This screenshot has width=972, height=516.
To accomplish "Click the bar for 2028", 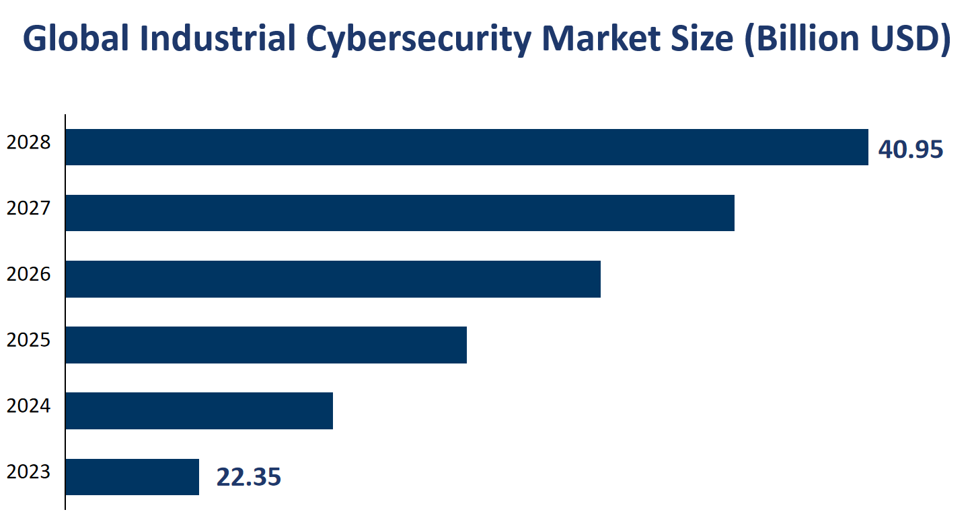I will coord(467,147).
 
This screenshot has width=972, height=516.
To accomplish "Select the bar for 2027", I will coord(400,213).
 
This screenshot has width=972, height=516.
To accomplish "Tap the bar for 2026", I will coord(333,279).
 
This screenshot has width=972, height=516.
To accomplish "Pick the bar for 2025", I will coord(266,345).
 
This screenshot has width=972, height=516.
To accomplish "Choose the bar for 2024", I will coord(199,411).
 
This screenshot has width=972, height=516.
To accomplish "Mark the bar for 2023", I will coord(133,476).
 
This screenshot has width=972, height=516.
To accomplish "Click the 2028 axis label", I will coord(28,142).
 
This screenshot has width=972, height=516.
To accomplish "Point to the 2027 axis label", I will coord(28,208).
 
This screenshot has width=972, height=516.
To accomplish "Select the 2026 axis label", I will coord(28,274).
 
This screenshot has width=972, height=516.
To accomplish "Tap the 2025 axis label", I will coord(28,340).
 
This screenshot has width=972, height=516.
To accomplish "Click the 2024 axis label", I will coord(28,406).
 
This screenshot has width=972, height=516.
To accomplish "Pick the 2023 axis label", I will coord(28,472).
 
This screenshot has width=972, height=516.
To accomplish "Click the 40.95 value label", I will coord(911,150).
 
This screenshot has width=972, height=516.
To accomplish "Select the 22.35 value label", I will coord(248,477).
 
